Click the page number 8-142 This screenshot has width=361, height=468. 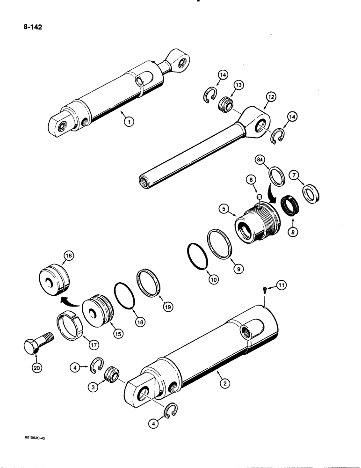(x=31, y=27)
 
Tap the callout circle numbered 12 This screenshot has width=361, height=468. (x=271, y=97)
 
